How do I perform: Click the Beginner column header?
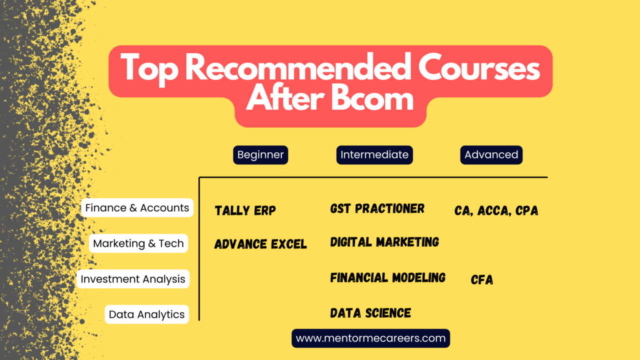260,155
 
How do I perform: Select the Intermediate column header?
374,155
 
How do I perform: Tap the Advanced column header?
491,155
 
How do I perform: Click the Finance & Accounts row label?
137,207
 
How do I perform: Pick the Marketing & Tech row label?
138,243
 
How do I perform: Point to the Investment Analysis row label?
133,279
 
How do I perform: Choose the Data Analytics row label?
147,314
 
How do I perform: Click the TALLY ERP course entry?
245,210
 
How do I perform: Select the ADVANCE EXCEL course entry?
260,244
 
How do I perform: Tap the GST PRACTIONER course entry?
377,208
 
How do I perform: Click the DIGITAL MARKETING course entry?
384,242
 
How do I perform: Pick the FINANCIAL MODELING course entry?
387,277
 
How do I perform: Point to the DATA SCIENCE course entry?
370,313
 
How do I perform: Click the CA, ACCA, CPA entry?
496,210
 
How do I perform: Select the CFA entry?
482,279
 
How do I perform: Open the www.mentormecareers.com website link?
370,338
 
